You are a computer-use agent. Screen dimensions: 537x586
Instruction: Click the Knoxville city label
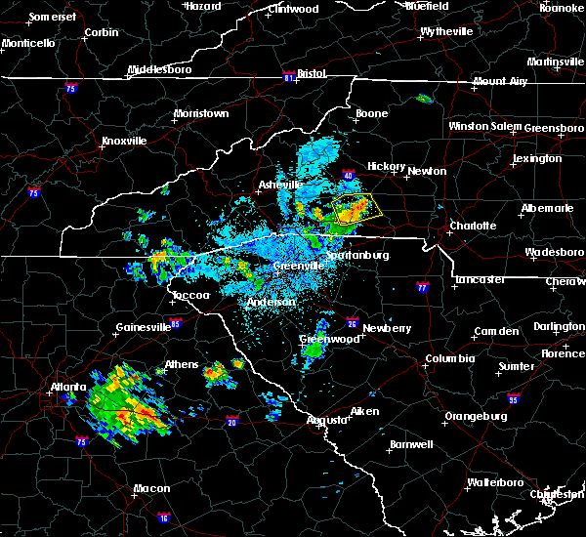click(x=123, y=141)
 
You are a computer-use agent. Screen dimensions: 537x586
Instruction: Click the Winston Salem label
click(x=484, y=127)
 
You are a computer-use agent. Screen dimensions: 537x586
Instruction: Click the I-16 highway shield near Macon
click(x=164, y=517)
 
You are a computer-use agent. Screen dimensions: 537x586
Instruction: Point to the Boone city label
click(x=370, y=114)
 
